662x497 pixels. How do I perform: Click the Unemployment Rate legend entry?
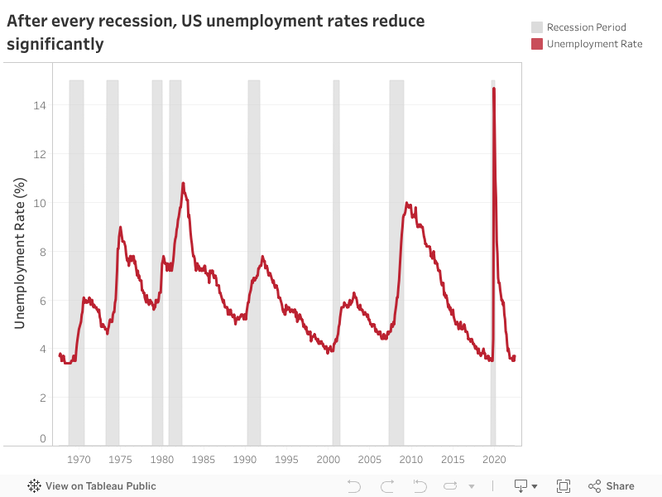coord(593,44)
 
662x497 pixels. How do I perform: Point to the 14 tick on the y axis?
coord(39,105)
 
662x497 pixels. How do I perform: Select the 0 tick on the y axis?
coord(41,439)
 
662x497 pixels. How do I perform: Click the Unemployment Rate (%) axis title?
coord(20,252)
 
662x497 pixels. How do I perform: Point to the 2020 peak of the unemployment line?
coord(494,89)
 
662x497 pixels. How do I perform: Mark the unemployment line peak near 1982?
coord(183,183)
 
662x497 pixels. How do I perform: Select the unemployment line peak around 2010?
coord(407,203)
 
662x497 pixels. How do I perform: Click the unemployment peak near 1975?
coord(121,227)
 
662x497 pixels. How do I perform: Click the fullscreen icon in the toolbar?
coord(564,486)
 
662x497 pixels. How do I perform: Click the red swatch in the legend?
coord(537,44)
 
